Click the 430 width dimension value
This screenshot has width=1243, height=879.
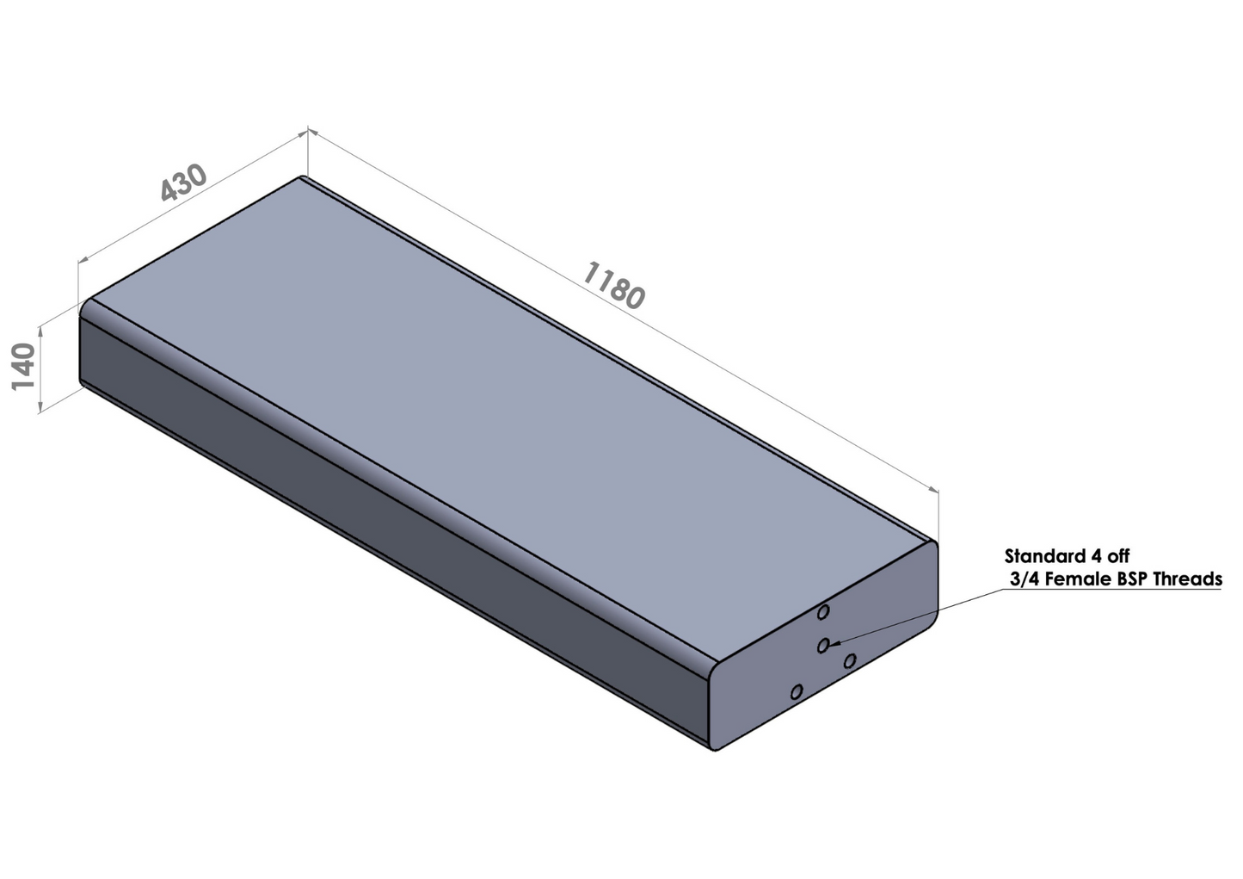pos(184,183)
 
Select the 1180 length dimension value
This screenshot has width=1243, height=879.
pos(613,285)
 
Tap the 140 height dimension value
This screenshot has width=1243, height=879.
pos(23,367)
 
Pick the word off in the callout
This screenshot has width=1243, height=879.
pos(1103,556)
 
